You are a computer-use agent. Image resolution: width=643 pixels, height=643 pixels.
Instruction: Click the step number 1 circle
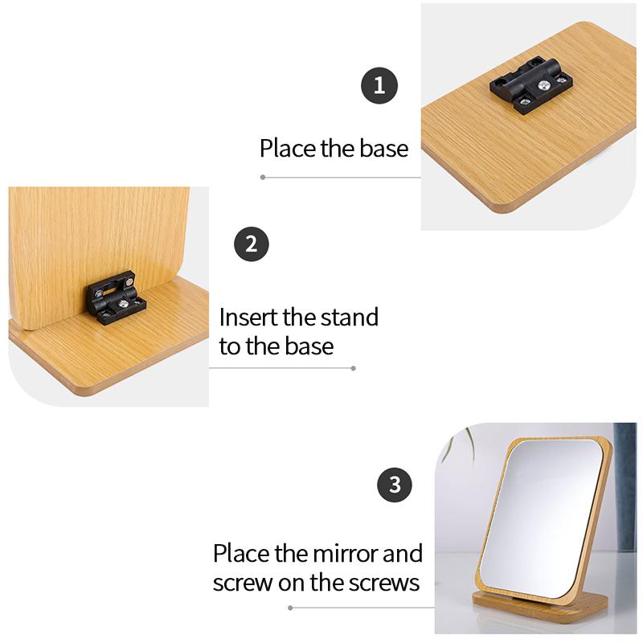(x=379, y=85)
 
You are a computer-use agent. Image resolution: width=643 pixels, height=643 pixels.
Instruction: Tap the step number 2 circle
(x=252, y=244)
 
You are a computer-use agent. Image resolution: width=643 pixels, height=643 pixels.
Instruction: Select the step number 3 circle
(x=395, y=485)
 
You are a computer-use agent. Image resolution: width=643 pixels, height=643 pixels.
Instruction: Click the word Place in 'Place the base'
(x=288, y=148)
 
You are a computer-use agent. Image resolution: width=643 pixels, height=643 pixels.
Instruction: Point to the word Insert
(x=248, y=317)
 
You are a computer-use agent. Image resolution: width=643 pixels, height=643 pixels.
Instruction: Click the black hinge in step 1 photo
(x=531, y=85)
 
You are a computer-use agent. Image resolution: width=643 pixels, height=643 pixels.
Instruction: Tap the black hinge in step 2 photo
(x=116, y=297)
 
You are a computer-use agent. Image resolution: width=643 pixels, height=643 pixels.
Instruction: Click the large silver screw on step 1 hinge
(x=544, y=85)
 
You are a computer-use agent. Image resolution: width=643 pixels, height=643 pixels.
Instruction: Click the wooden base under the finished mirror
(x=539, y=607)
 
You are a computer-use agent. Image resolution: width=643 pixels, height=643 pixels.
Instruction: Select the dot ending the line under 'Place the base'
(x=263, y=177)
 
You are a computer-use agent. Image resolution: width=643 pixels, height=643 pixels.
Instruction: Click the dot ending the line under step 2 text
(x=354, y=368)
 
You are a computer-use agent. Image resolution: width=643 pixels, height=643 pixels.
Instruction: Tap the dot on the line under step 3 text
(x=290, y=608)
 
